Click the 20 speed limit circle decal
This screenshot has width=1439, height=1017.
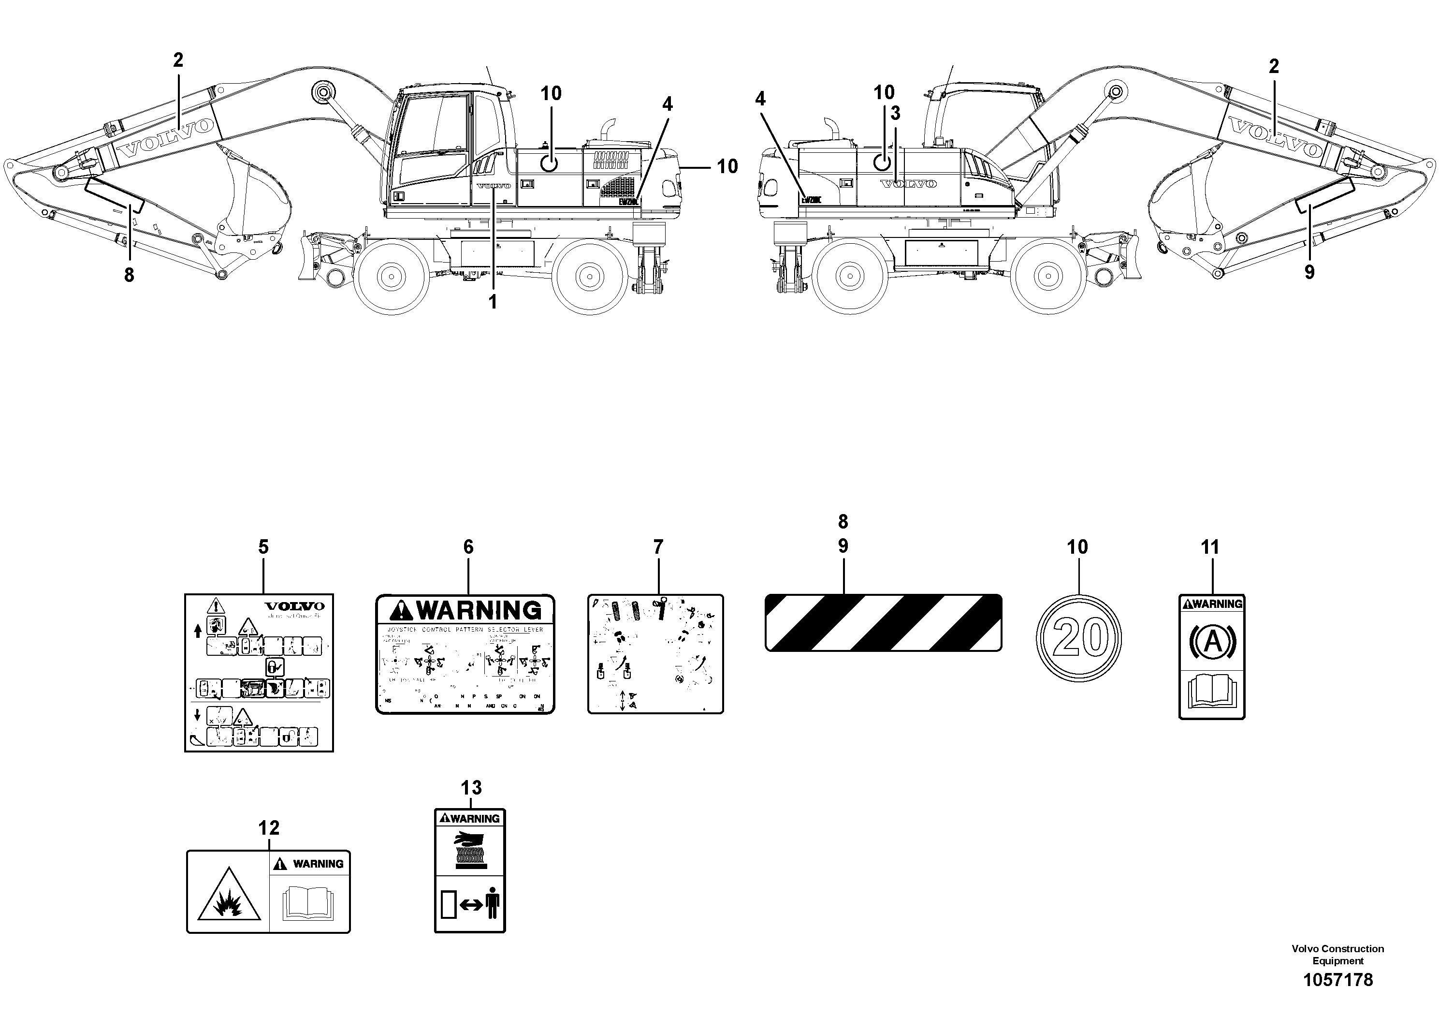click(x=1078, y=638)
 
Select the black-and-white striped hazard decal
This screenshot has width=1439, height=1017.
click(x=883, y=622)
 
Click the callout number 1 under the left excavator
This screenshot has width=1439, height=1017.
click(x=493, y=302)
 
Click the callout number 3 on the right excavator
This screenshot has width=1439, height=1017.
click(x=895, y=114)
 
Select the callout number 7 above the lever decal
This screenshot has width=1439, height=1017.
click(x=657, y=547)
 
